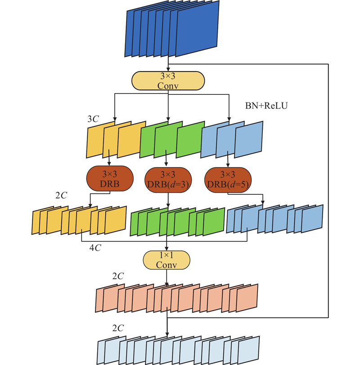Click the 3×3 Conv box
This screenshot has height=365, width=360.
pos(168,80)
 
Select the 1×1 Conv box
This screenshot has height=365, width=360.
pos(167,260)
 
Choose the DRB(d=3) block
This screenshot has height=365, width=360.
pos(168,179)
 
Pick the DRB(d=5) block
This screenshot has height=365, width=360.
pos(227,179)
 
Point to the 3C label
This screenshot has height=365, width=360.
pos(93,120)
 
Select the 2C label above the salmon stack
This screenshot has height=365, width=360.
pos(117,276)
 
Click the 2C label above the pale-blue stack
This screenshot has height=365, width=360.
pos(117,328)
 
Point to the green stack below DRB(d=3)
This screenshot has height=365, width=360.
pos(177,221)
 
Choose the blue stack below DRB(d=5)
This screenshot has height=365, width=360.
pos(274,219)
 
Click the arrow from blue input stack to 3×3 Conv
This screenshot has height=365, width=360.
pos(168,64)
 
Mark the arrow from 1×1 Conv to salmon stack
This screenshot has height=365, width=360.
pos(167,277)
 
